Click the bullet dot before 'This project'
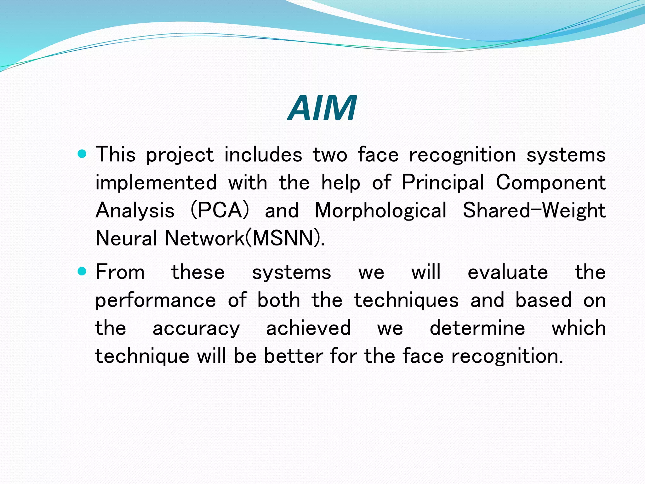point(82,154)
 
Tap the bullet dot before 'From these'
point(82,271)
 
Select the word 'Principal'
point(442,183)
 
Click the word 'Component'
point(551,183)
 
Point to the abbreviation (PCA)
point(220,210)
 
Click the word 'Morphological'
point(380,210)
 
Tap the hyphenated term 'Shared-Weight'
point(534,210)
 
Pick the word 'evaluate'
point(508,272)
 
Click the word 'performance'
point(156,300)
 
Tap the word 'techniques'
point(406,300)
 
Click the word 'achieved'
point(308,328)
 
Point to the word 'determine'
point(477,328)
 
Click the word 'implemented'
point(156,183)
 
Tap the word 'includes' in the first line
point(263,155)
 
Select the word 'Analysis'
point(135,210)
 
